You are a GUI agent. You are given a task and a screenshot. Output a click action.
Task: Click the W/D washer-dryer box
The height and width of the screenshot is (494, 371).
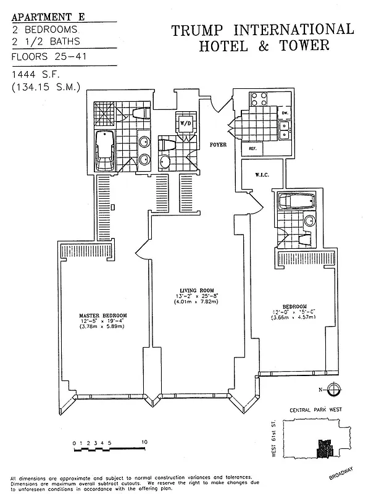pos(185,123)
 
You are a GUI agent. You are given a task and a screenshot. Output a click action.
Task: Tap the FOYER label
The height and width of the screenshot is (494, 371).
pos(219,145)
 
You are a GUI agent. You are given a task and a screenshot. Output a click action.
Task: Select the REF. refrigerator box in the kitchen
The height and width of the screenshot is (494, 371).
pos(254,149)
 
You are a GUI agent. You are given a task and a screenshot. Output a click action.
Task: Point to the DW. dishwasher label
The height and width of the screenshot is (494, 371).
pos(285,113)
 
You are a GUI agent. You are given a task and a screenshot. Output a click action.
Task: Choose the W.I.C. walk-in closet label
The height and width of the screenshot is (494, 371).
pos(261,175)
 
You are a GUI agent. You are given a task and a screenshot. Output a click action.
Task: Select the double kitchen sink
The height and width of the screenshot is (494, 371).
pos(285,128)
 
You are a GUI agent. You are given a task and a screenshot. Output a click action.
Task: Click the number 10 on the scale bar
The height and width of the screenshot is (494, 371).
pos(144,443)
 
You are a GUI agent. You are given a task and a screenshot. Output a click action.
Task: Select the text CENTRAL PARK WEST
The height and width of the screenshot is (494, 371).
pos(315,411)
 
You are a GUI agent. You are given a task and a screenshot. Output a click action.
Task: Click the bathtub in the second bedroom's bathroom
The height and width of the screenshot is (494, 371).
pos(296,202)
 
